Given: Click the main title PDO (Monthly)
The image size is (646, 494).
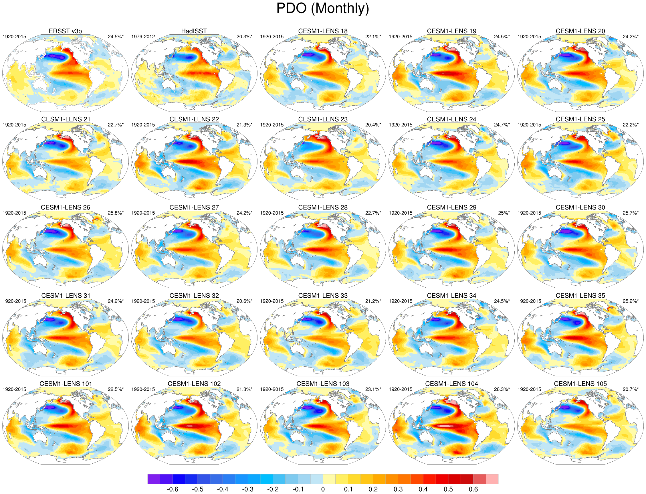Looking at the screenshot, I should pos(322,8).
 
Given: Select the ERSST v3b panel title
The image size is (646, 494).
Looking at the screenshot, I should pos(65,31).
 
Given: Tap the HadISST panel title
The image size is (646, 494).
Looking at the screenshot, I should pos(194,31).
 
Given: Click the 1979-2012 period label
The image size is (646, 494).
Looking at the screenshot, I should pos(143,37).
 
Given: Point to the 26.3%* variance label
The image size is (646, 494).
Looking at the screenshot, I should pos(502,389).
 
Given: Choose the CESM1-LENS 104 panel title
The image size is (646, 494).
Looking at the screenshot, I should pos(451,384).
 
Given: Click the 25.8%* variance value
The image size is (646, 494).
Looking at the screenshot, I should pos(116,213).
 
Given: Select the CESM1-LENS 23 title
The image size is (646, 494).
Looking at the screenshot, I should pos(323,119).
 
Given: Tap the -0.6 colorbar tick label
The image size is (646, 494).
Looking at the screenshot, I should pos(172,489).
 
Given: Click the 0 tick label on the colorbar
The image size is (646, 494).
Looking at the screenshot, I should pos(323,489).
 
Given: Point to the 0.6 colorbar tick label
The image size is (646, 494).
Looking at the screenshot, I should pos(473,489).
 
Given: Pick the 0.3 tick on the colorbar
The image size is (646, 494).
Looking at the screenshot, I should pos(398,489).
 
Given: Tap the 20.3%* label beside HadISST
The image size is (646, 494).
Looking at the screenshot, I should pos(244,37).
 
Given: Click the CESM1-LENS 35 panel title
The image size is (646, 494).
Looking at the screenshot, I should pos(580,296).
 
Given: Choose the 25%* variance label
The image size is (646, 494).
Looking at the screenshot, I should pos(504,213).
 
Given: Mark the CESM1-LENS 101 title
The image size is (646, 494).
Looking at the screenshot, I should pos(66,384).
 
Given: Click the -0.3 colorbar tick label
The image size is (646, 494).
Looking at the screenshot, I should pos(247,489).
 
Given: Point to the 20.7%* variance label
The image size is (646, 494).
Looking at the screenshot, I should pos(631,389).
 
